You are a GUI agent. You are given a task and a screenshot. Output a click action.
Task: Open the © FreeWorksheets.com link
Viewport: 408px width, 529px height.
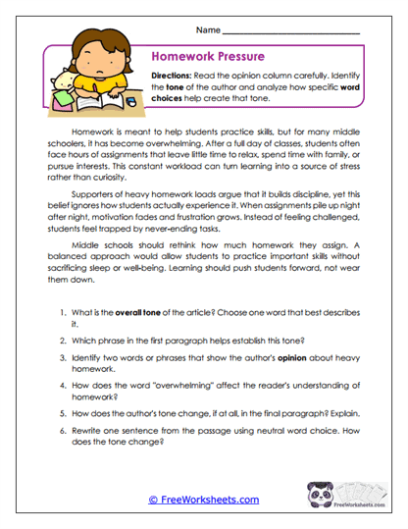203,500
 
